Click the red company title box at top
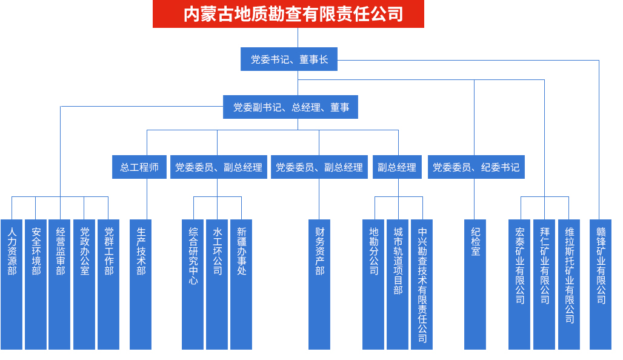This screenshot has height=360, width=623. click(288, 14)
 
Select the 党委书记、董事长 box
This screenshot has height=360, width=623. click(289, 59)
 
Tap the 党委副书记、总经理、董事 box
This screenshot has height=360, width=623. click(291, 107)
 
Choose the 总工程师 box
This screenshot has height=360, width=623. click(139, 167)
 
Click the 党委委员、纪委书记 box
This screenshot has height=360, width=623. click(476, 167)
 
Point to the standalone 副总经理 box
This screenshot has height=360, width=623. click(396, 167)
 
